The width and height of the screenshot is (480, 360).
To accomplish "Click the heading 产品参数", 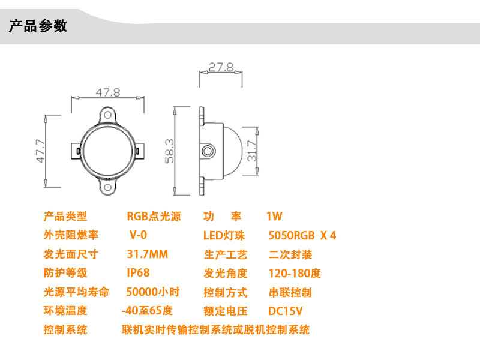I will tap(38, 26).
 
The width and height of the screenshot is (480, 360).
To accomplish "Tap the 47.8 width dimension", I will tap(108, 92).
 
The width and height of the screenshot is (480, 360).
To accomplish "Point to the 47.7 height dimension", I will tap(40, 151).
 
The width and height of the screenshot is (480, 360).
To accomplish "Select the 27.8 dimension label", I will tap(221, 67).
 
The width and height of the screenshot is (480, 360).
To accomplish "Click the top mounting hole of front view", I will tap(108, 112).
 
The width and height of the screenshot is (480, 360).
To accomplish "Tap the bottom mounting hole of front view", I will tap(108, 187).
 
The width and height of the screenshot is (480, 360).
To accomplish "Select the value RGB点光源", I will tap(154, 217).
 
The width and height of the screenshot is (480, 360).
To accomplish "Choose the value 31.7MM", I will tap(148, 254).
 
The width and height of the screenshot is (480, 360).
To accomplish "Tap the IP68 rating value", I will tap(138, 273).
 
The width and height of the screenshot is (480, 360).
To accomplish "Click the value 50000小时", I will tap(153, 292).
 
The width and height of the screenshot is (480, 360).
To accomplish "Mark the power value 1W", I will tap(274, 217).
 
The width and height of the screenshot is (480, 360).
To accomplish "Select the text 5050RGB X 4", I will tap(302, 235).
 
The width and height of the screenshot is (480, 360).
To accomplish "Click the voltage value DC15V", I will tap(285, 311).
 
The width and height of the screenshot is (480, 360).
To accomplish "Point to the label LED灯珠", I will tap(224, 235).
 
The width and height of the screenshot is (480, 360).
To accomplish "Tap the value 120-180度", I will tap(295, 273).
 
